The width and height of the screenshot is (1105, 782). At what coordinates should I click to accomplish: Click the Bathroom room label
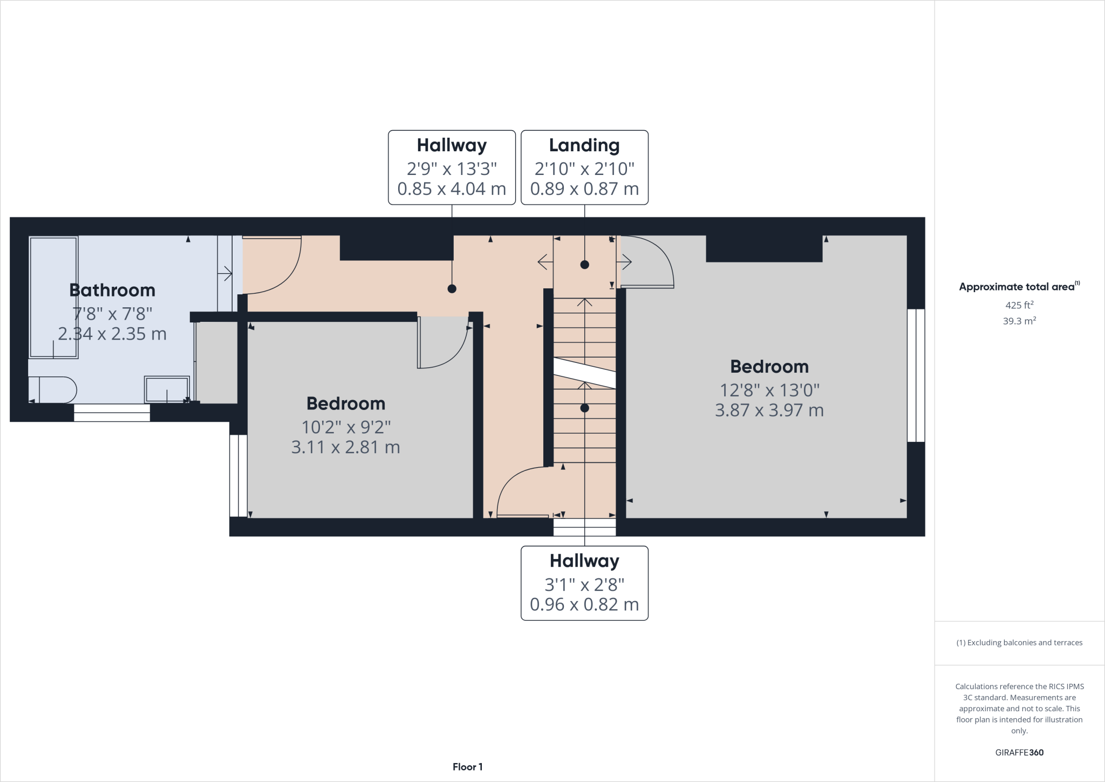[x=112, y=291]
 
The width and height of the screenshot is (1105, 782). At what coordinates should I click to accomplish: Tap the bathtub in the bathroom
[x=53, y=297]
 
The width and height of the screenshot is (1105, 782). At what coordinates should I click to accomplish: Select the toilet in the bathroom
[x=52, y=389]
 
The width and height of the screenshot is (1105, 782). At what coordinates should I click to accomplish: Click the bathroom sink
[x=167, y=389]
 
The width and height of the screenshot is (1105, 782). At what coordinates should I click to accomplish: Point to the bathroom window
[x=112, y=413]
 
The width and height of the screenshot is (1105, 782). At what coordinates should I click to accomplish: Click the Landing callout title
[x=584, y=145]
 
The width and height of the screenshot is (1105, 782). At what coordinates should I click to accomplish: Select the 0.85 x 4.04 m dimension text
[x=452, y=189]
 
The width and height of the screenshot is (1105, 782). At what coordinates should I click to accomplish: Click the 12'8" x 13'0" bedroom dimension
[x=769, y=390]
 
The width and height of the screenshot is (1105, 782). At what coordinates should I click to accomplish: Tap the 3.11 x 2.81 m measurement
[x=346, y=447]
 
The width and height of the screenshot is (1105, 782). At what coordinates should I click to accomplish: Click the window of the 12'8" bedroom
[x=916, y=375]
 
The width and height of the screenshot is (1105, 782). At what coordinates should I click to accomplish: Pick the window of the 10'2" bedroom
[x=238, y=476]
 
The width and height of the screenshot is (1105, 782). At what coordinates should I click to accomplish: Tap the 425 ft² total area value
[x=1019, y=305]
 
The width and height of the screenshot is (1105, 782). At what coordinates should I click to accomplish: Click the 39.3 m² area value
[x=1019, y=321]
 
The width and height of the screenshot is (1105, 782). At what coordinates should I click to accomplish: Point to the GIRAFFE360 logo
[x=1019, y=752]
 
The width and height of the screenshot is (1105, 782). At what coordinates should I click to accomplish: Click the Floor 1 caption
[x=468, y=767]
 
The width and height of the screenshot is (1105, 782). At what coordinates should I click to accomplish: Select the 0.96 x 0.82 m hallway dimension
[x=584, y=604]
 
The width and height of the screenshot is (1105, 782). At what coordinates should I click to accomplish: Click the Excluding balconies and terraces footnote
[x=1019, y=643]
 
